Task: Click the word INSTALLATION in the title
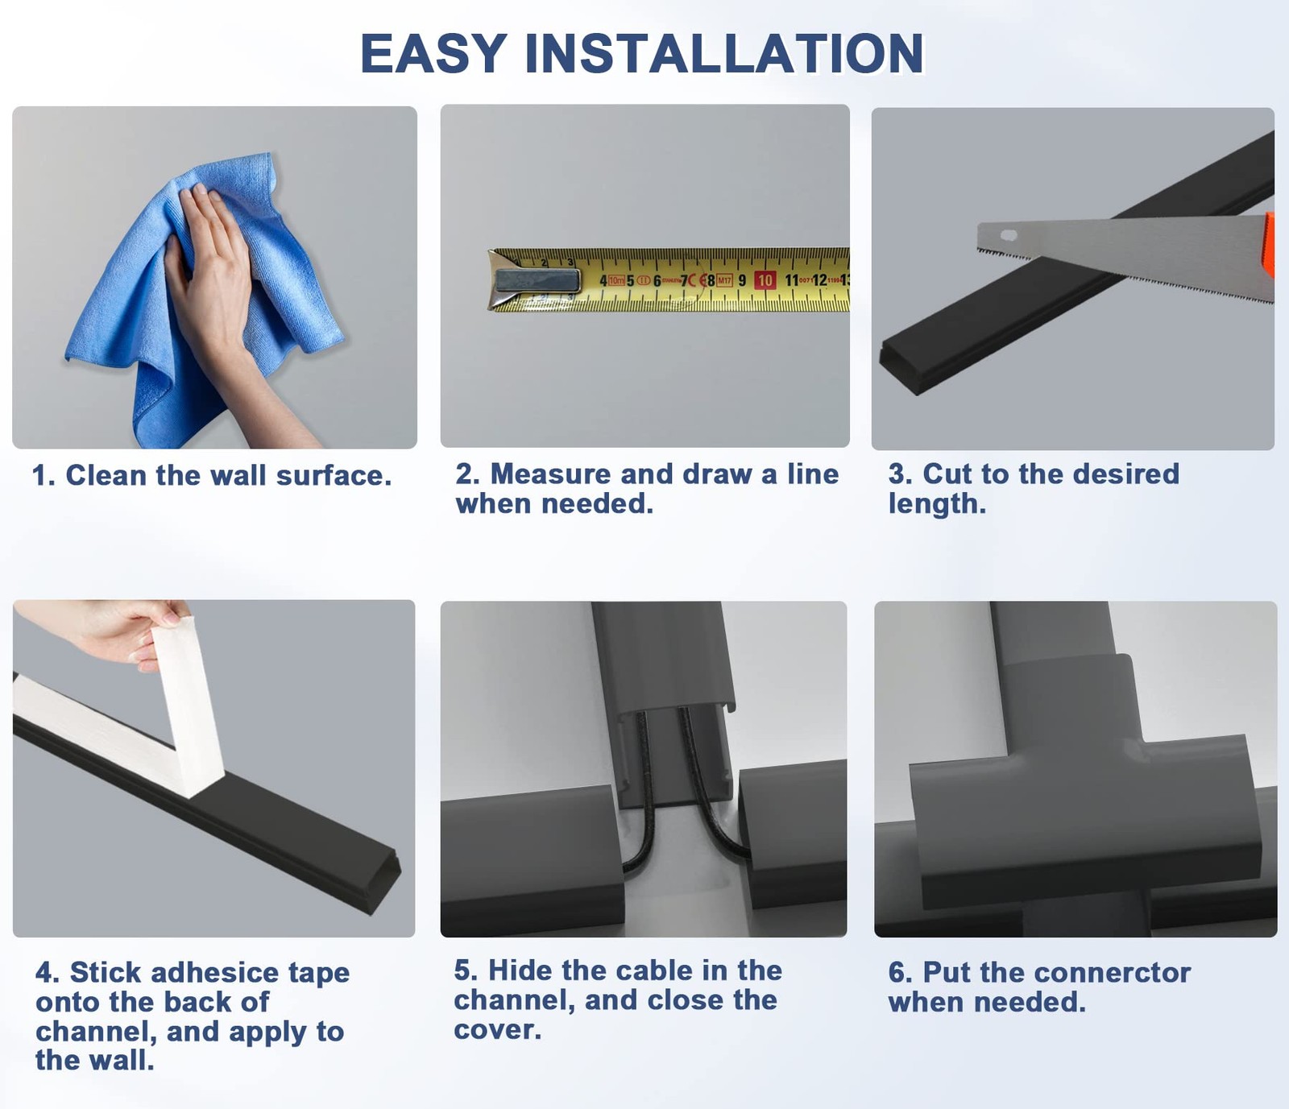tap(723, 54)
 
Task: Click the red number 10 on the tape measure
tap(765, 280)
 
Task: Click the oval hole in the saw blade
tap(1008, 236)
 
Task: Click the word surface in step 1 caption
tap(334, 476)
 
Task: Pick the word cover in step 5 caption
tap(497, 1030)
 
